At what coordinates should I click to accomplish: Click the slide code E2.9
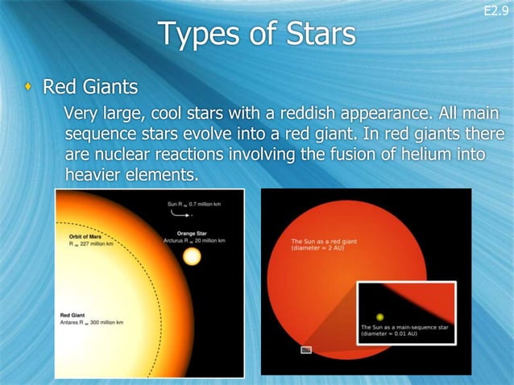point(495,10)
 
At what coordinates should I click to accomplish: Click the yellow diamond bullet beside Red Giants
point(31,86)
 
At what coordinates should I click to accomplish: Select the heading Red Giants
point(90,86)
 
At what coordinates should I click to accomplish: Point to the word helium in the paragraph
point(416,154)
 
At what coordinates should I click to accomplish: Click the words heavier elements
point(131,175)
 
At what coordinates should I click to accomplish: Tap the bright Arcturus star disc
point(192,257)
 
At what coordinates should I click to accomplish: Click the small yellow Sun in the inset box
point(379,317)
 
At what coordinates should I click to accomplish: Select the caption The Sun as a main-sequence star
point(405,328)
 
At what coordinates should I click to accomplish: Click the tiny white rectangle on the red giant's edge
point(306,350)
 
